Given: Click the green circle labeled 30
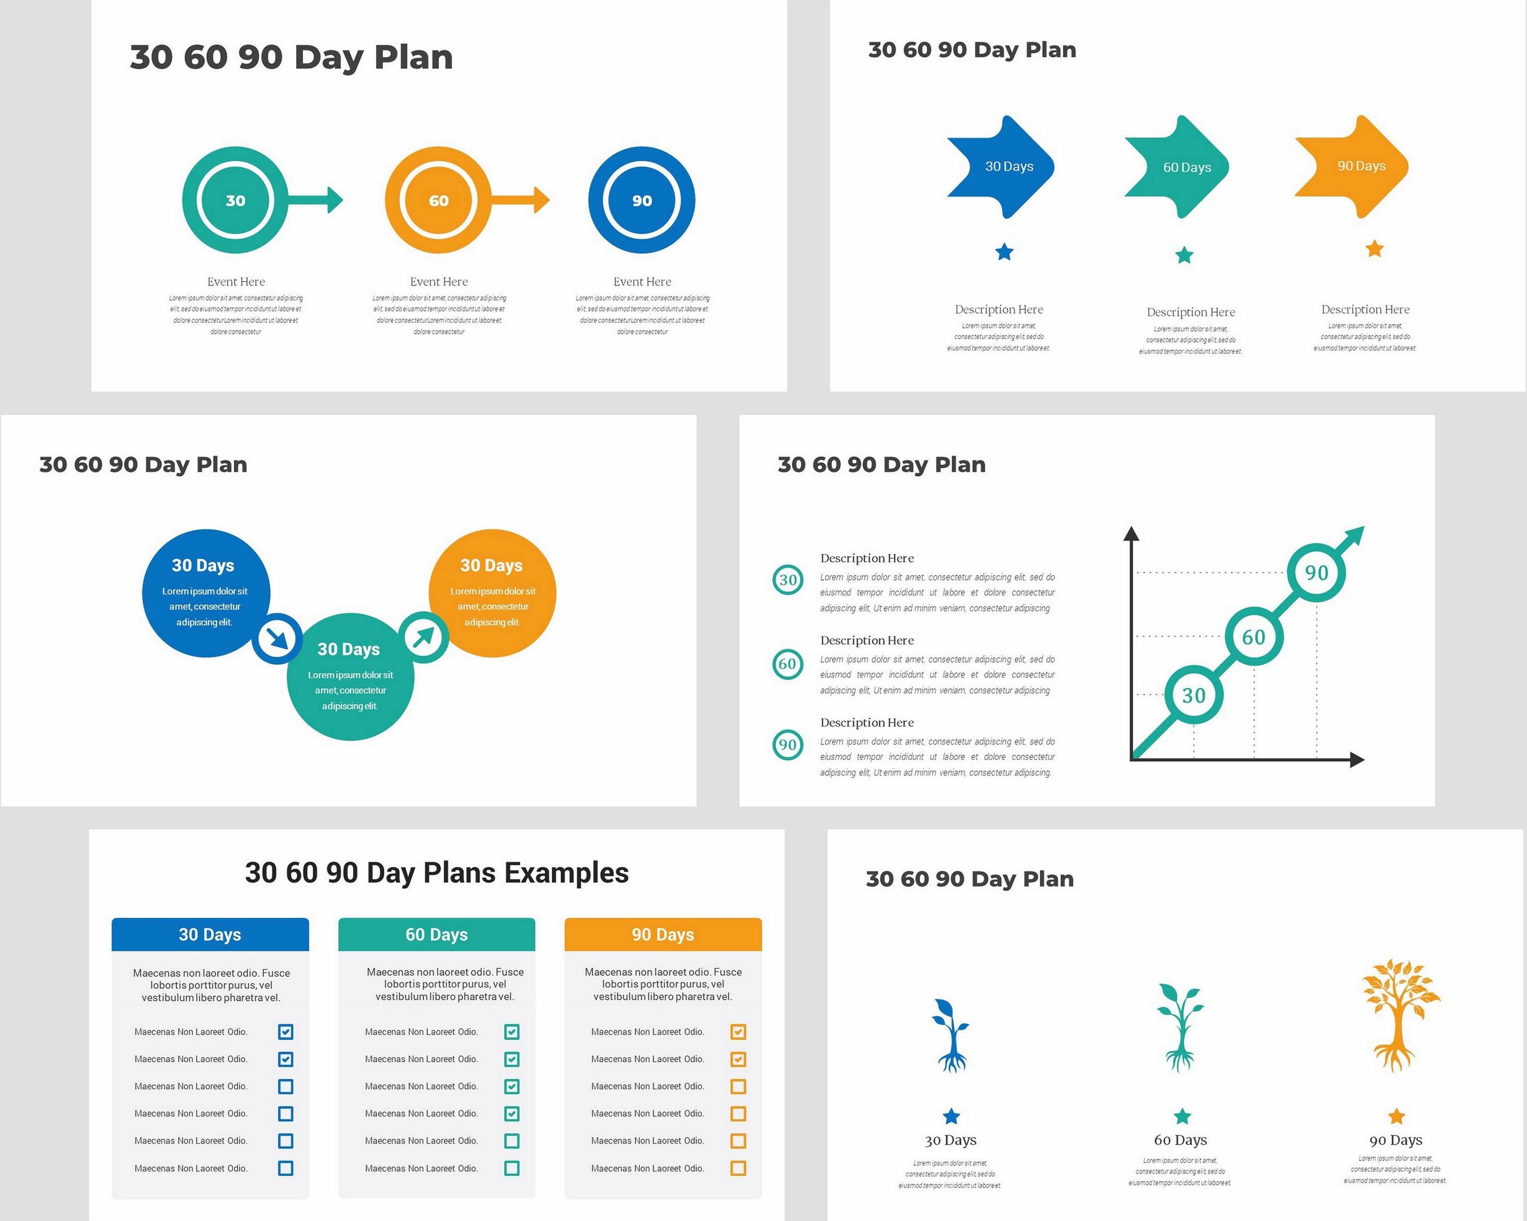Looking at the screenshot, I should tap(235, 201).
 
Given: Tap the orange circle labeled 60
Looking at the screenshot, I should tap(438, 201).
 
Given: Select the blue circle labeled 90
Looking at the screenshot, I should tap(642, 201).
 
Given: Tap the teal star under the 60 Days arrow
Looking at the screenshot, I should tap(1184, 255).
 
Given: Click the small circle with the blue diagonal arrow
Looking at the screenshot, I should tap(277, 638).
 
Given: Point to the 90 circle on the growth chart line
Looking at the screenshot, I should tap(1316, 572).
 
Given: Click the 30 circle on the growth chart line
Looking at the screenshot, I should tap(1193, 695).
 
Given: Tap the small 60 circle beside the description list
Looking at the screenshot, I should tap(788, 664).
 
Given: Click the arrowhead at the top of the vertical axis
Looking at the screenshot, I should tap(1131, 534).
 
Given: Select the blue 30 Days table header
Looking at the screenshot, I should tap(210, 934).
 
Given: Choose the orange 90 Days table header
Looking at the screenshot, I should tap(663, 934).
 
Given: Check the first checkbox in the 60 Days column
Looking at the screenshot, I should tap(512, 1032).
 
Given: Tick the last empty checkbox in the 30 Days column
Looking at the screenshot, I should tap(285, 1168).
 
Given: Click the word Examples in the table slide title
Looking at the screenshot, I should tap(566, 873).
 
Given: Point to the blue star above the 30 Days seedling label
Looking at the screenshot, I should tap(951, 1116).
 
